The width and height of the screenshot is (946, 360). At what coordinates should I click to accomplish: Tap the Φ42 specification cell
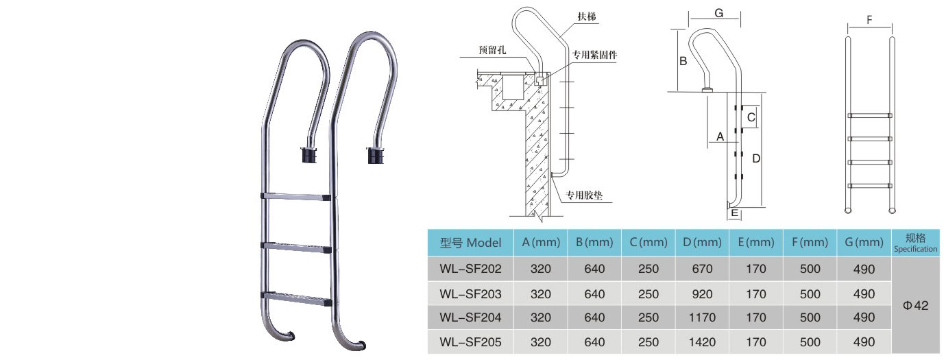point(915,306)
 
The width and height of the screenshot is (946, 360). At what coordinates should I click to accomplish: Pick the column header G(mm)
point(864,242)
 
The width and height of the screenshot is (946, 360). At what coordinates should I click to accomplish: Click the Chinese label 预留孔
point(494,51)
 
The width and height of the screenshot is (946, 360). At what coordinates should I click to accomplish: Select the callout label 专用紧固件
point(594,53)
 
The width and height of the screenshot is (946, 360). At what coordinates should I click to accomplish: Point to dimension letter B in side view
point(683,61)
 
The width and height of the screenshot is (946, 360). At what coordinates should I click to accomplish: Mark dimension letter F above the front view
point(869,20)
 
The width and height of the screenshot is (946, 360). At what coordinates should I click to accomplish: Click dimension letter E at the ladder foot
point(735,214)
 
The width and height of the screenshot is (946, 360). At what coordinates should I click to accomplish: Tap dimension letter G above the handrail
point(718,12)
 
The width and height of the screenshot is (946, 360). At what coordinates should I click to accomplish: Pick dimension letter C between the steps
point(751,118)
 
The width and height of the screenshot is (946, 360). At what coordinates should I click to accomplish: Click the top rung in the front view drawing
point(870,115)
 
